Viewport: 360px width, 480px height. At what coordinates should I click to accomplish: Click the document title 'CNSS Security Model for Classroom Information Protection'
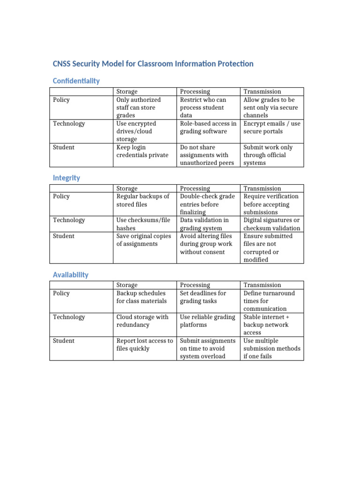[x=153, y=64]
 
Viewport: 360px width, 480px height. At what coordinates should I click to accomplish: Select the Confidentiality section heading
[x=76, y=81]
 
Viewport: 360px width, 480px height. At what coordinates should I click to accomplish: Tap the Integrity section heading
[x=66, y=178]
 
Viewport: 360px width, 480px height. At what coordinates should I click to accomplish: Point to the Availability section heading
[x=70, y=275]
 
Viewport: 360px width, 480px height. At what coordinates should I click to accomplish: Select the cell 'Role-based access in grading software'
[x=208, y=127]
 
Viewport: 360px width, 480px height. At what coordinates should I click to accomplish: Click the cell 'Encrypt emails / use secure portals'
[x=272, y=127]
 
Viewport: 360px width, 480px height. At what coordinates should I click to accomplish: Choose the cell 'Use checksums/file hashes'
[x=143, y=224]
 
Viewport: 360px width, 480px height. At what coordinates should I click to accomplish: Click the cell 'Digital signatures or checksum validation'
[x=272, y=224]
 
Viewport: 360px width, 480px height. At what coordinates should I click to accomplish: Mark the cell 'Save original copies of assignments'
[x=143, y=240]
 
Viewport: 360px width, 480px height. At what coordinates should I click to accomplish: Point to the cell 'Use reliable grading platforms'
[x=208, y=321]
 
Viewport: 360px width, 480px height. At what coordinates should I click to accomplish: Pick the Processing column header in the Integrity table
[x=195, y=188]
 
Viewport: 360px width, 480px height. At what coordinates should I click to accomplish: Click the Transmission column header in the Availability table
[x=262, y=285]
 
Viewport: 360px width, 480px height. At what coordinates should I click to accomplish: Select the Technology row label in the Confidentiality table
[x=69, y=124]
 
